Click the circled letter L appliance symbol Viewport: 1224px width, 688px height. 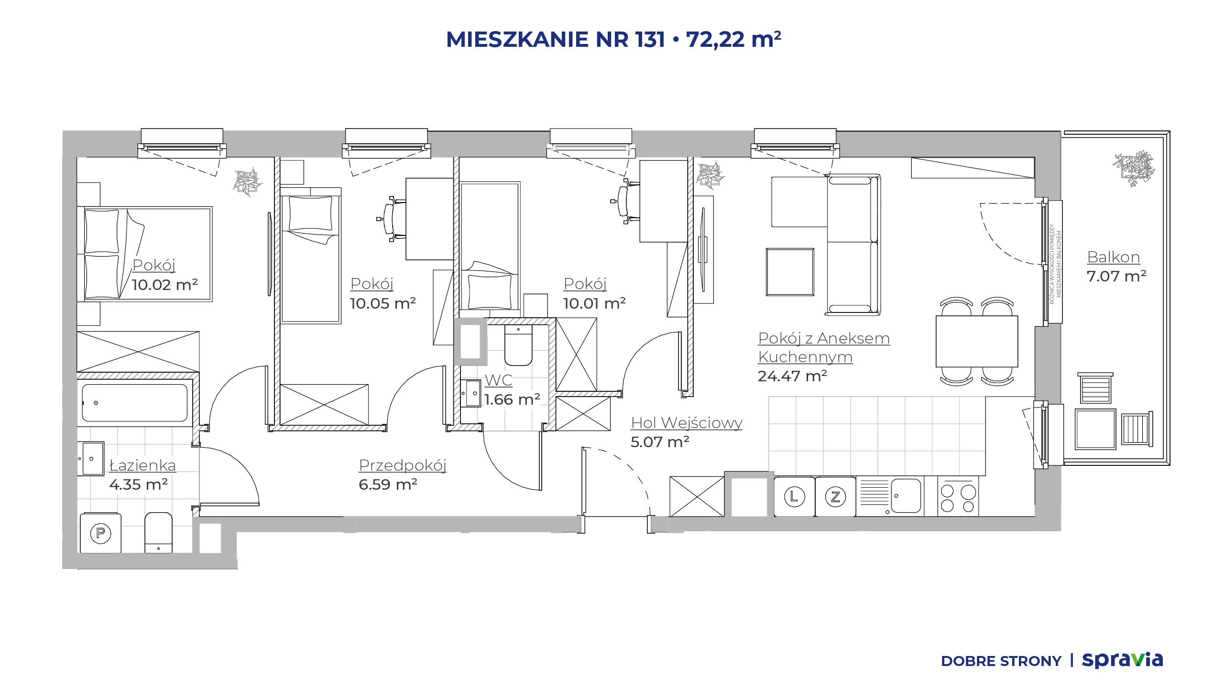794,496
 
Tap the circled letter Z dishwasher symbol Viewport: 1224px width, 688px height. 835,496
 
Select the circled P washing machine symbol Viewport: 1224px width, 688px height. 100,533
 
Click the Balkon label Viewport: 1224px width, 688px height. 1114,257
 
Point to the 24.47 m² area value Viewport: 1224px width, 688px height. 792,376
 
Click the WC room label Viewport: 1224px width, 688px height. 498,380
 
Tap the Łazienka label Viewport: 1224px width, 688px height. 142,465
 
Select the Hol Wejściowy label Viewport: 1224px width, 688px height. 687,423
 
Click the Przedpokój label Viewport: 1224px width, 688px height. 403,466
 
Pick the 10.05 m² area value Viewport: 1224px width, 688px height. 382,303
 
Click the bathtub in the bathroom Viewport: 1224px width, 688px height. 135,403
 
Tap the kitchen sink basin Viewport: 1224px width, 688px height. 906,495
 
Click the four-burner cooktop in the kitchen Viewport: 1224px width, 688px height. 958,496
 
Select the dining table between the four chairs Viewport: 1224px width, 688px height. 977,341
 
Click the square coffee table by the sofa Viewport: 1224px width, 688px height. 790,272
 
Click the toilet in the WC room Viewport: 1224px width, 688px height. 518,345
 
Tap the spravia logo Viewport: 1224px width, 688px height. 1122,660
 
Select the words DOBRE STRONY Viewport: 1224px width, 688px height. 1001,661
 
